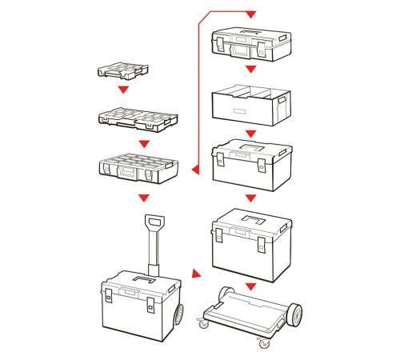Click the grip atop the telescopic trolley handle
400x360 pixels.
click(154, 222)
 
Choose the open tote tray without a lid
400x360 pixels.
click(249, 104)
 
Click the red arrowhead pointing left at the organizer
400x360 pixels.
click(194, 169)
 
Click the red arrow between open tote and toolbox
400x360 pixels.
click(250, 133)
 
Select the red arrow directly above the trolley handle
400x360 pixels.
click(144, 197)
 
